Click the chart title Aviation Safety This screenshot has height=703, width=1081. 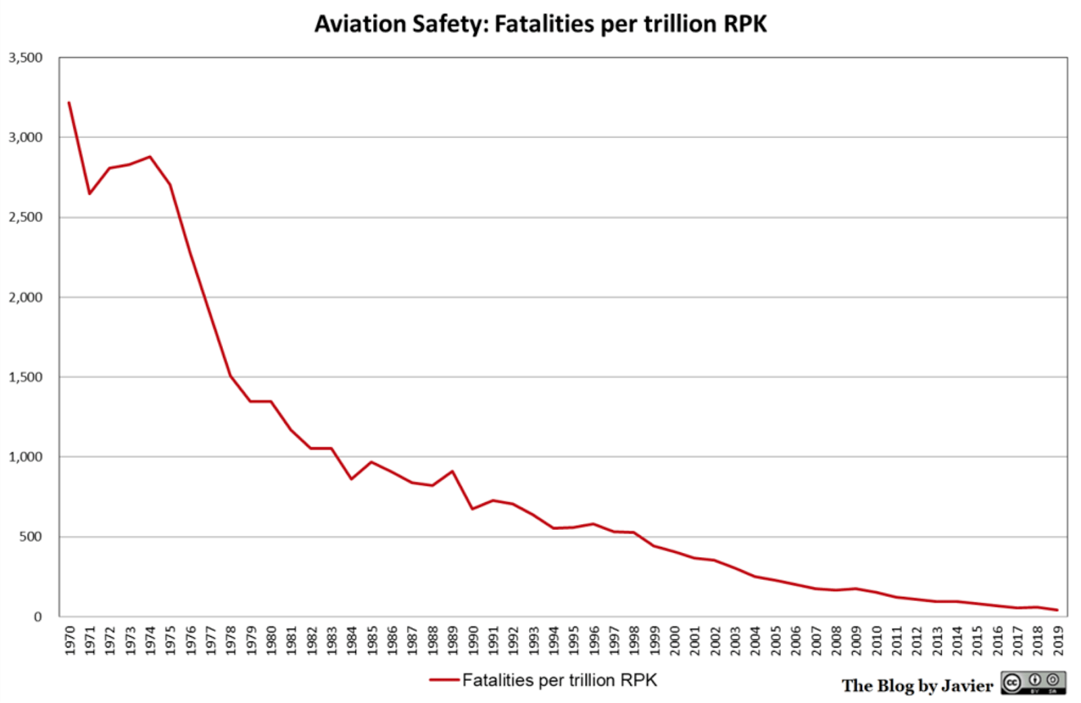click(x=540, y=24)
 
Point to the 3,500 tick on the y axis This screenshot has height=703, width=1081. click(x=26, y=58)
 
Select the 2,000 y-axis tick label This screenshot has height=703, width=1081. click(x=26, y=297)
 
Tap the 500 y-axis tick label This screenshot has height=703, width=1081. click(x=30, y=537)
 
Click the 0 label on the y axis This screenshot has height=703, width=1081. click(x=38, y=616)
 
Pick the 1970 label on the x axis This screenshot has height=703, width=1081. click(x=70, y=640)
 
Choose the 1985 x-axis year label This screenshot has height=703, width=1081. click(x=372, y=640)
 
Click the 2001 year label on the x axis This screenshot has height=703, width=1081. click(x=695, y=640)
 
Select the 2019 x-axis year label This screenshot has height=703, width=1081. click(x=1058, y=640)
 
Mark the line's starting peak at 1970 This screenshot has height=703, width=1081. click(x=69, y=103)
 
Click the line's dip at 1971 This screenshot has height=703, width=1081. click(x=89, y=194)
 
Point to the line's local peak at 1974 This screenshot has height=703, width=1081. click(x=150, y=157)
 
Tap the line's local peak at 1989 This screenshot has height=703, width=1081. click(x=452, y=471)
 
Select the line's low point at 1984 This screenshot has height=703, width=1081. click(x=351, y=479)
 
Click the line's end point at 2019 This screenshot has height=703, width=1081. click(x=1057, y=610)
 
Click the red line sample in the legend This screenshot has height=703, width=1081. click(x=444, y=680)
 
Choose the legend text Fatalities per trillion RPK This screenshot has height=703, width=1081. click(x=559, y=680)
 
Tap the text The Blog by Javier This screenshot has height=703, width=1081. click(x=917, y=685)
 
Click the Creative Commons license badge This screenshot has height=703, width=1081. click(x=1033, y=683)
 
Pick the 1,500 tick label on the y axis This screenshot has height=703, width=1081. click(x=26, y=377)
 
